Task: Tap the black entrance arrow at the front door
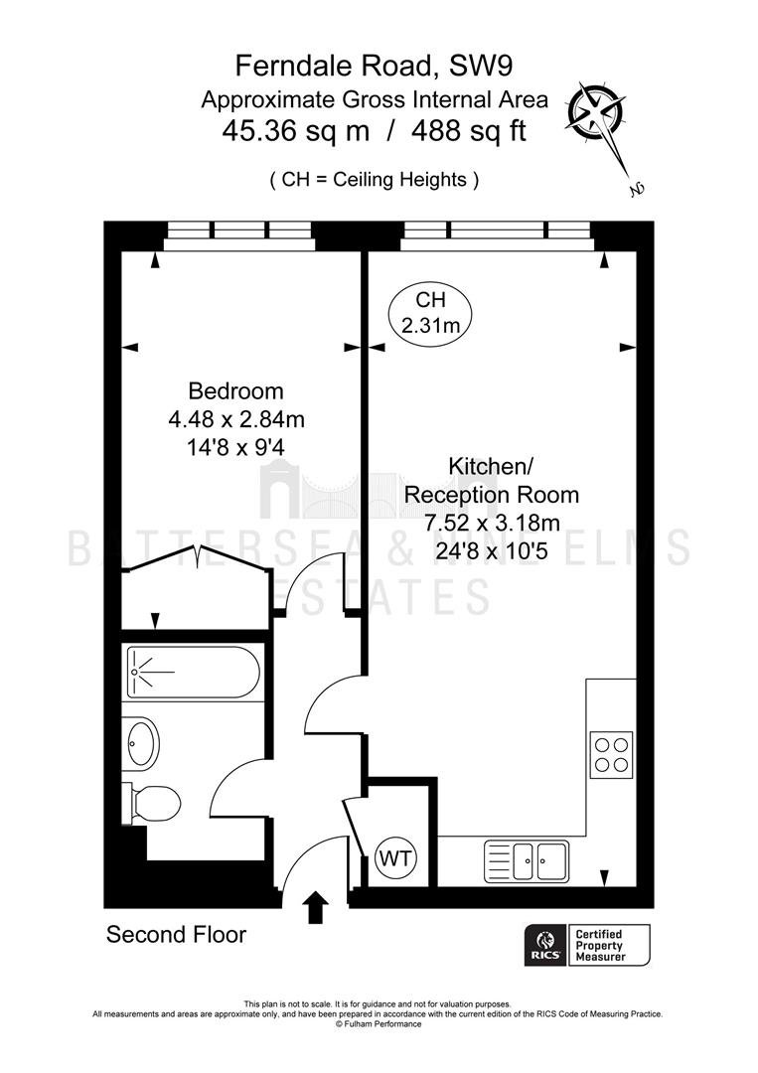point(315,907)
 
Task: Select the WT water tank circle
point(396,858)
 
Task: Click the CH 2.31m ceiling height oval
point(430,312)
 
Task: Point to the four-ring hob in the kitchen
point(612,753)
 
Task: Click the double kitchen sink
point(527,860)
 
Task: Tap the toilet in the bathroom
point(151,802)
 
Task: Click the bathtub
point(194,672)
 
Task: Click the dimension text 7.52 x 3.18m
point(492,524)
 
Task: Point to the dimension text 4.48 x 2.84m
point(236,419)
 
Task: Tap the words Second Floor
point(176,935)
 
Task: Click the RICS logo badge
point(546,945)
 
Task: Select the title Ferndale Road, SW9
point(375,66)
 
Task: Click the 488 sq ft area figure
point(469,130)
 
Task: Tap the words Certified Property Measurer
point(600,945)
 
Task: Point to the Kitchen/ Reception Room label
point(491,481)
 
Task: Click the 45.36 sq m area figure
point(295,130)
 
